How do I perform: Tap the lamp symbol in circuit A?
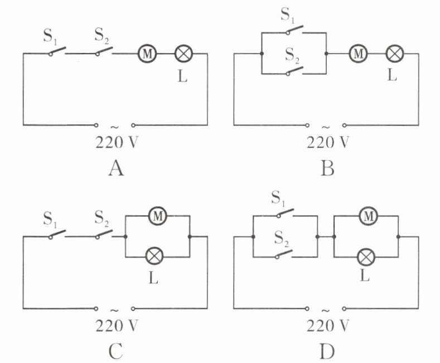(183, 54)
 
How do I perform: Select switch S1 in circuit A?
(57, 52)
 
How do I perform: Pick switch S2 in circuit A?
(104, 52)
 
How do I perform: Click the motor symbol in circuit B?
(357, 54)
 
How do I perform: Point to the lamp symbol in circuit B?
(394, 54)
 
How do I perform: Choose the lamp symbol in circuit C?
(153, 256)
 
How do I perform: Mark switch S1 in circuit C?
(57, 235)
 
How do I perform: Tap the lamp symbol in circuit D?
(366, 256)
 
